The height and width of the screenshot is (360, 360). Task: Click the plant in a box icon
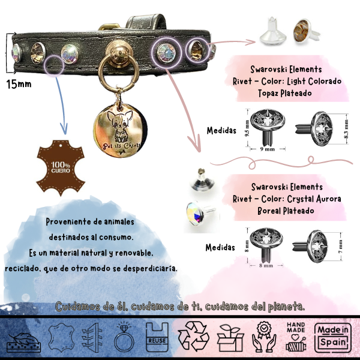click(229, 337)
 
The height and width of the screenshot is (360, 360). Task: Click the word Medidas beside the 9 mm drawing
click(220, 130)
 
